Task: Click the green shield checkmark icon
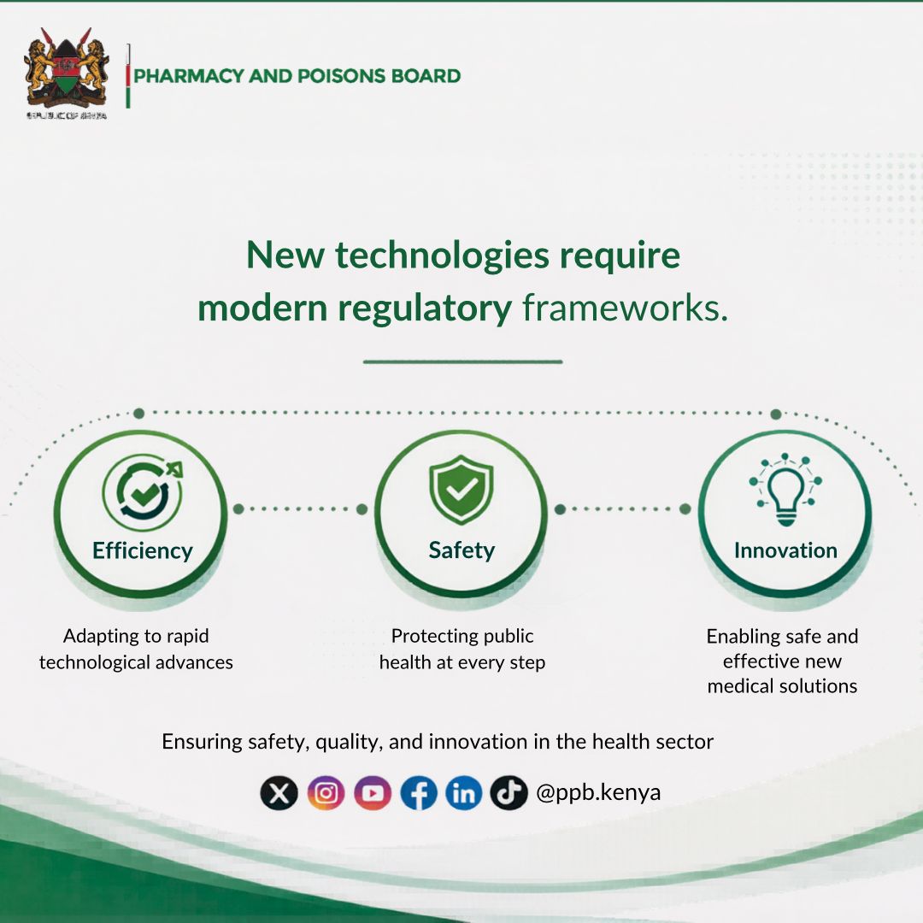click(461, 490)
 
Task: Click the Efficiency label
click(143, 550)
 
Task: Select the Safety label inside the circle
click(461, 550)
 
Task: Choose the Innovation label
click(785, 550)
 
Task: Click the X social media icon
click(279, 794)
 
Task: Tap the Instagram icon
click(326, 794)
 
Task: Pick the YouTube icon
click(372, 794)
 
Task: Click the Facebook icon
click(418, 794)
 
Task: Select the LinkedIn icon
click(463, 794)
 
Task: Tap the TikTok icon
click(509, 794)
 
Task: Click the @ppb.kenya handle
click(598, 793)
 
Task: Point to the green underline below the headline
click(462, 362)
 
